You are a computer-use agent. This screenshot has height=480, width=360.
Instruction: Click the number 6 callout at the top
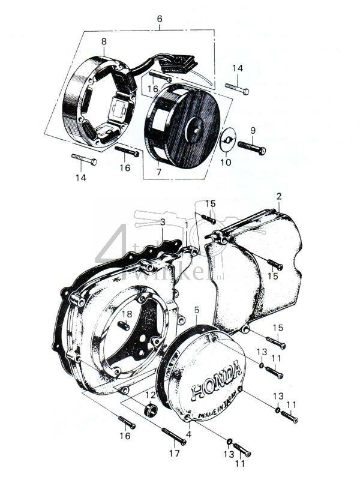[160, 19]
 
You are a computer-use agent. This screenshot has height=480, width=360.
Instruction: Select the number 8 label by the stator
[104, 41]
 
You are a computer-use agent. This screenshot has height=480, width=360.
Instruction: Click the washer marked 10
[226, 141]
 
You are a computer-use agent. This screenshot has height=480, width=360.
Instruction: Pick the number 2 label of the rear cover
[279, 196]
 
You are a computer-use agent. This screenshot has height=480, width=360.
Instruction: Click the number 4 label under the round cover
[189, 434]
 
